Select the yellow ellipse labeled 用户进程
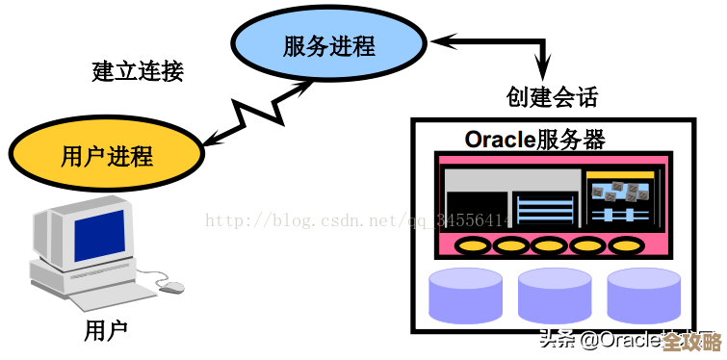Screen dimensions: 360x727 (106, 154)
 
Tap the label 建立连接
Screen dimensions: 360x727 (137, 71)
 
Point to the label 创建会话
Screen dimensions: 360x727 (552, 95)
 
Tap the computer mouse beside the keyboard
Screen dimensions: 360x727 (170, 286)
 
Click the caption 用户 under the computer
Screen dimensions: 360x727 (106, 331)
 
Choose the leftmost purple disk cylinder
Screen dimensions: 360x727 (465, 295)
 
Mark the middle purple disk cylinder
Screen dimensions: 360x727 (555, 295)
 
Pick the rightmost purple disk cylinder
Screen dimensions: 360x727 (644, 295)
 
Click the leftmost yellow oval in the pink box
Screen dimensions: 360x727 (471, 245)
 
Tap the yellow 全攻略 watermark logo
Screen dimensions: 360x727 (691, 342)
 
